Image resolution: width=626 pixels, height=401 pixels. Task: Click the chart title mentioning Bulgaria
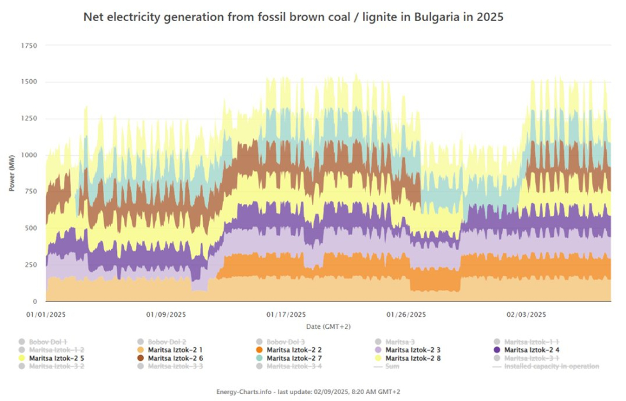293,17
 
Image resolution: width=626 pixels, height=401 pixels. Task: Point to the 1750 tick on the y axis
29,45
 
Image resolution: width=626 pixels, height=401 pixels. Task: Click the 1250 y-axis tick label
29,119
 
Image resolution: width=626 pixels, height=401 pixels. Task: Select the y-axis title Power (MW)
11,173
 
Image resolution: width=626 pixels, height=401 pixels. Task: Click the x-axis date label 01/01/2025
46,314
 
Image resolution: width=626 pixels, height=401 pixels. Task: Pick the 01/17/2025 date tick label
286,314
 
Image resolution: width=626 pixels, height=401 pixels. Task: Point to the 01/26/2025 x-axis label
406,314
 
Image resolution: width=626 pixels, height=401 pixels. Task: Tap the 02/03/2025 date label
526,314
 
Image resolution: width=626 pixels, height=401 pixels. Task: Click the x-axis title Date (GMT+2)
328,326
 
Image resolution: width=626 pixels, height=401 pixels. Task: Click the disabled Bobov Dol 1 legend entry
48,342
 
